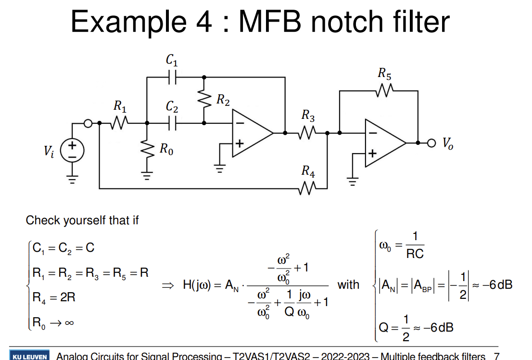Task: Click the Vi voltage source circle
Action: [x=72, y=150]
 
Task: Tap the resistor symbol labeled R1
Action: [x=119, y=123]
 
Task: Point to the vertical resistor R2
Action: [x=204, y=100]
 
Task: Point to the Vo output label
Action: [x=447, y=143]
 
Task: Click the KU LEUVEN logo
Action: [x=29, y=356]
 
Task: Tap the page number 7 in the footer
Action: [x=496, y=356]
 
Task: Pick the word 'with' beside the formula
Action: [x=348, y=284]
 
